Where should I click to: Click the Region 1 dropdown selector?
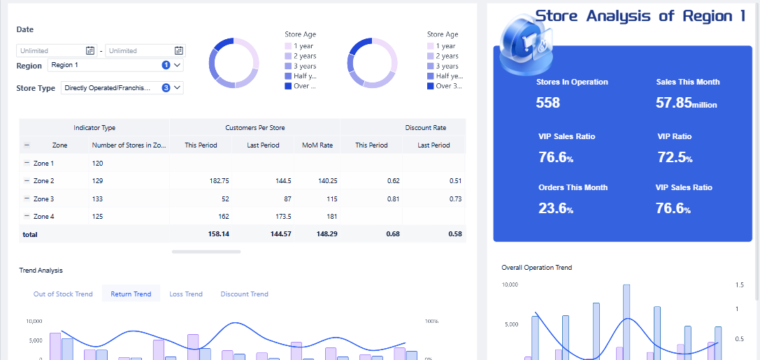pos(115,65)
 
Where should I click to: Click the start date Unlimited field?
pos(50,50)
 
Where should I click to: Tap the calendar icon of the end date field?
pos(179,50)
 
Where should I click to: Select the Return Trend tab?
pos(131,294)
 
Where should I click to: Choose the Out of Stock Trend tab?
pos(63,294)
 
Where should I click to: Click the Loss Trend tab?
pos(186,294)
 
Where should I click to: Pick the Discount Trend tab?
pos(244,294)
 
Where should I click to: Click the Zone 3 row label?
pos(43,199)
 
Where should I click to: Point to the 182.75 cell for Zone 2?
pos(219,180)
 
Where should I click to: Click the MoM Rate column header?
pos(317,145)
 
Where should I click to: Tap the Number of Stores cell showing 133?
pos(97,199)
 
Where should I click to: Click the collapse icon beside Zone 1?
pos(27,163)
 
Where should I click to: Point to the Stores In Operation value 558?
pos(548,103)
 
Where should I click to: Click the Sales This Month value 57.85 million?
pos(686,103)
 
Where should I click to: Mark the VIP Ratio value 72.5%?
pos(675,157)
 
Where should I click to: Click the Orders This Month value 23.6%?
pos(556,208)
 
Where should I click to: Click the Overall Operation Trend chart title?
pos(536,268)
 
